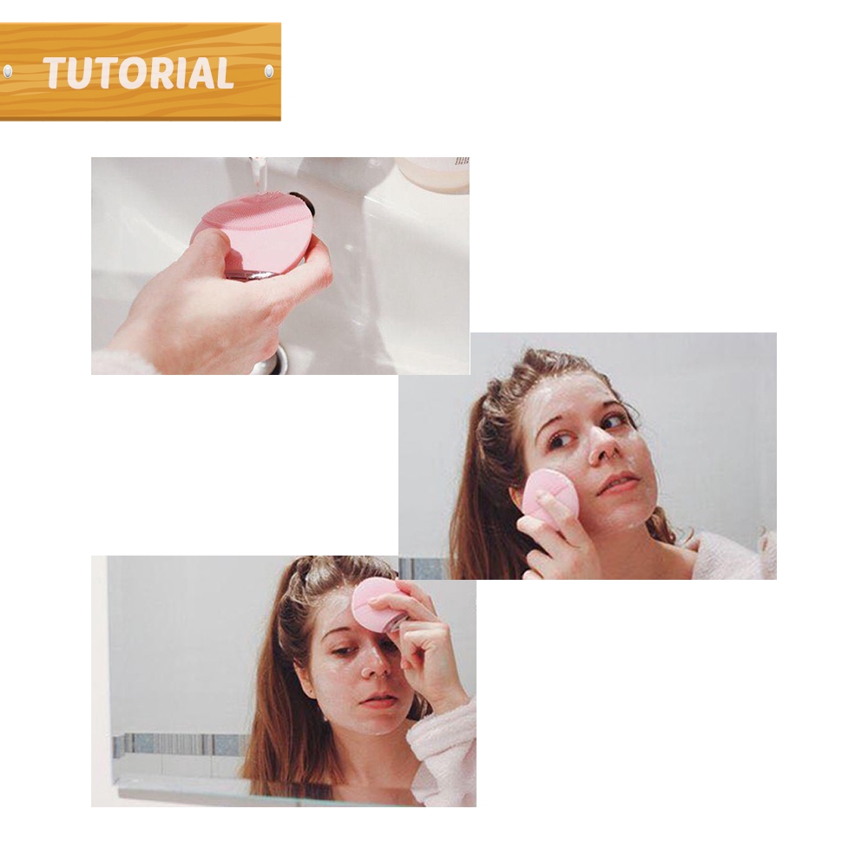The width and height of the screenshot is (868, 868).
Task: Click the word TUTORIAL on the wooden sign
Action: pos(139,73)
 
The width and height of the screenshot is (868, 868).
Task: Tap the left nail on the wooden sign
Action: pos(8,71)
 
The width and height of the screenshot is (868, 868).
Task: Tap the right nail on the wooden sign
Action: pos(268,71)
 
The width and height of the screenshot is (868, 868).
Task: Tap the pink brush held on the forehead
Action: pos(375,603)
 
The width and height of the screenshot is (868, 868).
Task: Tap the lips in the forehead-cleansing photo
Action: pos(378,700)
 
